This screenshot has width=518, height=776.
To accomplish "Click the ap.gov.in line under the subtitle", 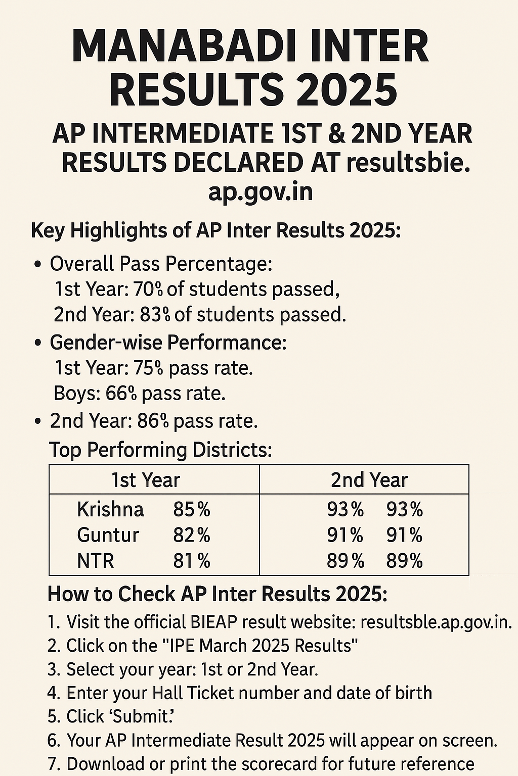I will tap(260, 192).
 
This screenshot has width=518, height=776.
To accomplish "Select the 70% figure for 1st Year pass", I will tap(148, 289).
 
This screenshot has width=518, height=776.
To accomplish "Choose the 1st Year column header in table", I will tap(146, 480).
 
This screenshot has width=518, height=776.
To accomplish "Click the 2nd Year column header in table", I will tap(369, 480).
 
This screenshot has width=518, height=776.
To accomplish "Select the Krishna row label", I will tap(110, 509).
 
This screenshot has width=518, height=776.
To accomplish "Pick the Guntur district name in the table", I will tap(108, 535).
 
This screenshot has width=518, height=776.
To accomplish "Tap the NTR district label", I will tap(96, 561).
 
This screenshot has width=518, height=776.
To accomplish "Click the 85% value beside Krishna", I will tap(191, 509).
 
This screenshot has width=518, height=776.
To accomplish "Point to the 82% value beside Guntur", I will tap(191, 535).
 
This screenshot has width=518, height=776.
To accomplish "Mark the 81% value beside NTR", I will tap(191, 561).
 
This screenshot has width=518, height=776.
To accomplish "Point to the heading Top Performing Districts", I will tap(160, 450).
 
